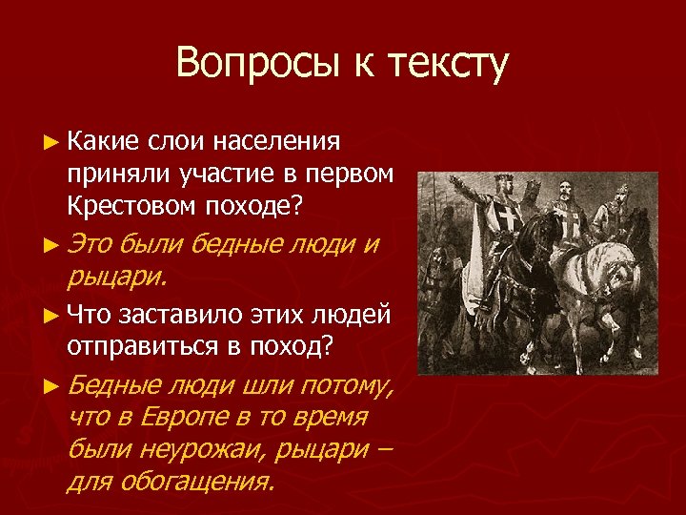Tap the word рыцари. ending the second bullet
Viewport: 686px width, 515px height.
pyautogui.click(x=116, y=277)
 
